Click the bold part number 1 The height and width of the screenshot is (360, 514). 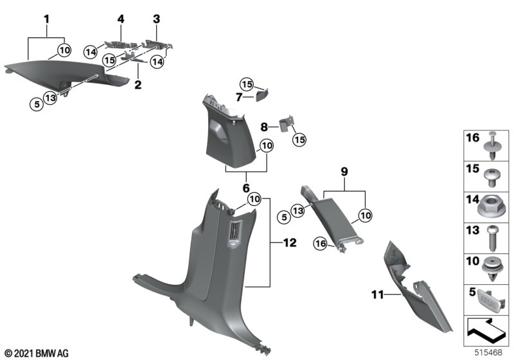tap(47, 19)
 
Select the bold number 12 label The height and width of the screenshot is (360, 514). tap(290, 242)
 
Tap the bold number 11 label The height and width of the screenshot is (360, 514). tap(377, 294)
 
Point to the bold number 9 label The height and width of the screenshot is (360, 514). tap(344, 171)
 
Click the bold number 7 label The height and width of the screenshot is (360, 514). tap(239, 97)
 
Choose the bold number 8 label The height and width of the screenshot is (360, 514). tap(264, 127)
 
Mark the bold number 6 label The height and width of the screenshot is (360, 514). tap(246, 188)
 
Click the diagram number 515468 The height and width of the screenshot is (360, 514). tap(488, 352)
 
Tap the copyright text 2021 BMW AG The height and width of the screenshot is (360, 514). tap(37, 354)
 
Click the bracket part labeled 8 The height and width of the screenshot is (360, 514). tap(285, 123)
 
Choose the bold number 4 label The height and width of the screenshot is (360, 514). tap(121, 19)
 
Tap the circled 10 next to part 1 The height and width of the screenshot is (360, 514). tap(65, 50)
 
